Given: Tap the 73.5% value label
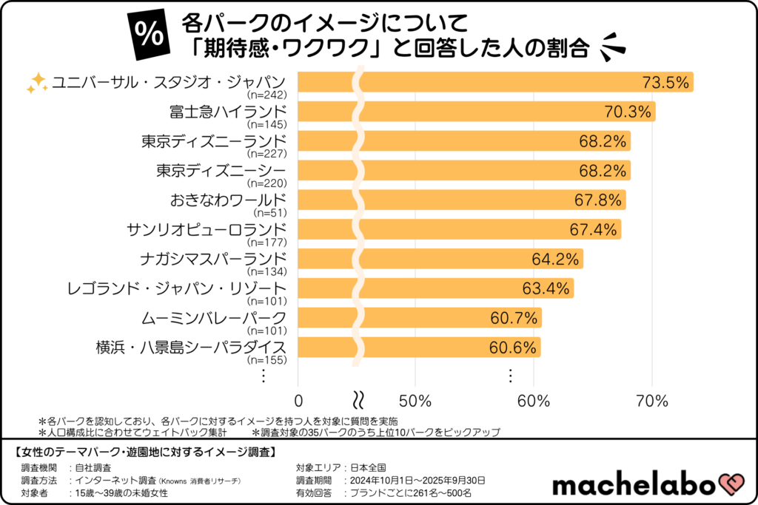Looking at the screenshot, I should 665,83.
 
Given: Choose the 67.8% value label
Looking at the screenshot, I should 598,200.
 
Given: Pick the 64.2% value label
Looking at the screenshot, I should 554,260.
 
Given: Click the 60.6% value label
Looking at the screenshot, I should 512,348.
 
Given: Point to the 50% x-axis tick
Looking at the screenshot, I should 415,401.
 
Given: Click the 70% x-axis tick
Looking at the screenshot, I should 651,401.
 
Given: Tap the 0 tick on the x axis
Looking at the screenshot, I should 298,401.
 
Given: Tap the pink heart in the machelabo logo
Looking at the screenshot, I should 728,485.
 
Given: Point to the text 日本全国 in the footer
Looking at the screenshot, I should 369,467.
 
